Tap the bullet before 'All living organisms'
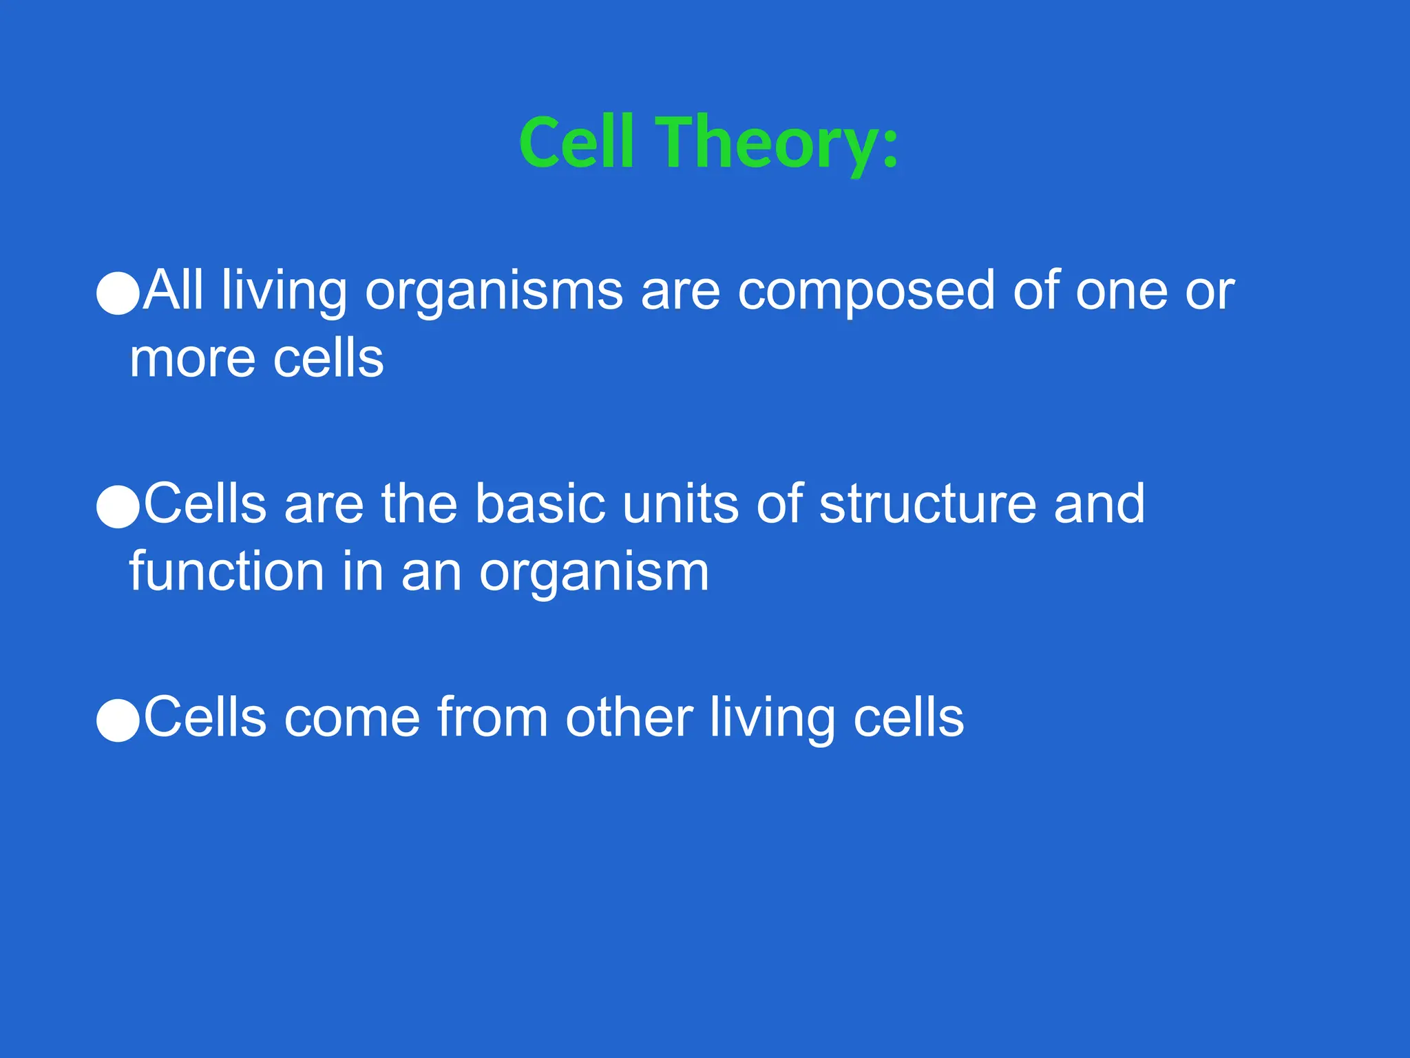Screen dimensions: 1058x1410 coord(118,293)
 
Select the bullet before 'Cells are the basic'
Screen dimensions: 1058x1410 coord(118,507)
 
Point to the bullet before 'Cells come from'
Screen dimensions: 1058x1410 coord(118,720)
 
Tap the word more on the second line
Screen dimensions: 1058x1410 coord(192,360)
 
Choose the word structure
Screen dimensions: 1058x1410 coord(927,504)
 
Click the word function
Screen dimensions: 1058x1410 coord(227,572)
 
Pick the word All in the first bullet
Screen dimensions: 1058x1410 coord(173,291)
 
